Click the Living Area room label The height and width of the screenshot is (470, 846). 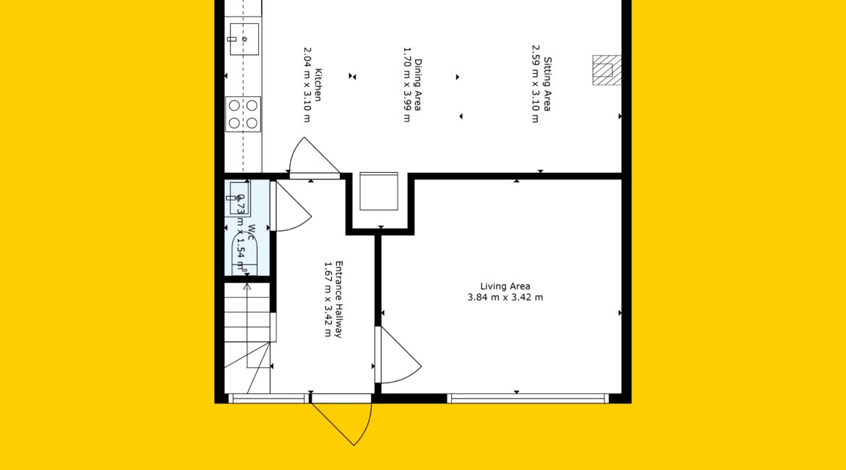click(505, 286)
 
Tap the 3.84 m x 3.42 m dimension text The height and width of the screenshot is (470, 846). click(505, 297)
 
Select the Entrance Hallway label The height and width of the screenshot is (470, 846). click(339, 299)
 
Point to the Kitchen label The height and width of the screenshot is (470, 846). click(318, 85)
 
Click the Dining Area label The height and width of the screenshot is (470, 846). click(418, 85)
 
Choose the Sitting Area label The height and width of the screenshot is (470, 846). click(547, 84)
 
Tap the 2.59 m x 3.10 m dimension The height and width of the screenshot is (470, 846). click(535, 84)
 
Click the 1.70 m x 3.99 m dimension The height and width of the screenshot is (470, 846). click(407, 85)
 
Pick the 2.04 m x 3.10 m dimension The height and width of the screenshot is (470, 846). click(307, 85)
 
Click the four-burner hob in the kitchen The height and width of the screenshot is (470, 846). click(243, 114)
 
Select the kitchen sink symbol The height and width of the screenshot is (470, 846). click(244, 39)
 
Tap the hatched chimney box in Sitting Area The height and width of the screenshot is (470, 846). click(607, 70)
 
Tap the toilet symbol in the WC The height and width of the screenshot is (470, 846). click(244, 252)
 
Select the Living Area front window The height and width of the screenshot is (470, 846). click(528, 398)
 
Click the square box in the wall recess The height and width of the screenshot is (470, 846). click(379, 192)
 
